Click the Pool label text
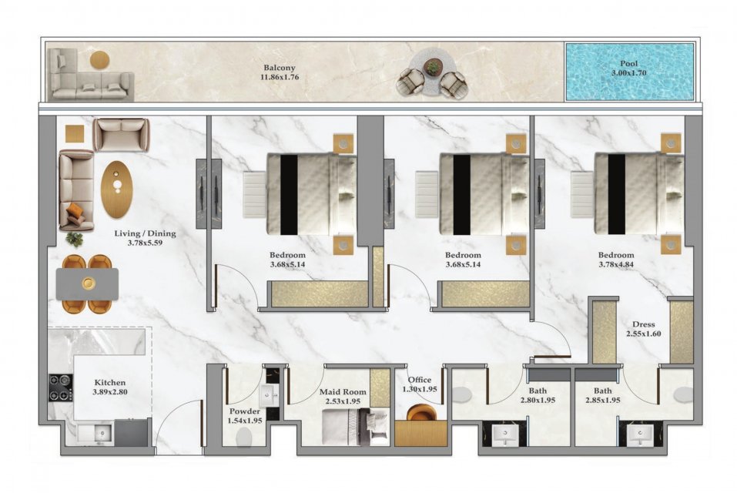coord(629,63)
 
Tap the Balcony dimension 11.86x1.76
coord(280,76)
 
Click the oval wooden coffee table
coord(116,189)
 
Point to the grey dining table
coord(88,284)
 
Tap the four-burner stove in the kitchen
coord(61,387)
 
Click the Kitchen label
coord(110,383)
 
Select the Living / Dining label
coord(146,233)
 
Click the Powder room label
coord(245,411)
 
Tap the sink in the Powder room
coord(270,396)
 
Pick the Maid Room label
coord(343,392)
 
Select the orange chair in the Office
coord(421,413)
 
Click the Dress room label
coord(644,324)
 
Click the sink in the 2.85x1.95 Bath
coord(640,435)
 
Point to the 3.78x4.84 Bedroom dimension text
coord(616,264)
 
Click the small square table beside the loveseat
coord(75,133)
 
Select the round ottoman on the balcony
coord(99,60)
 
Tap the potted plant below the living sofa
coord(74,239)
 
